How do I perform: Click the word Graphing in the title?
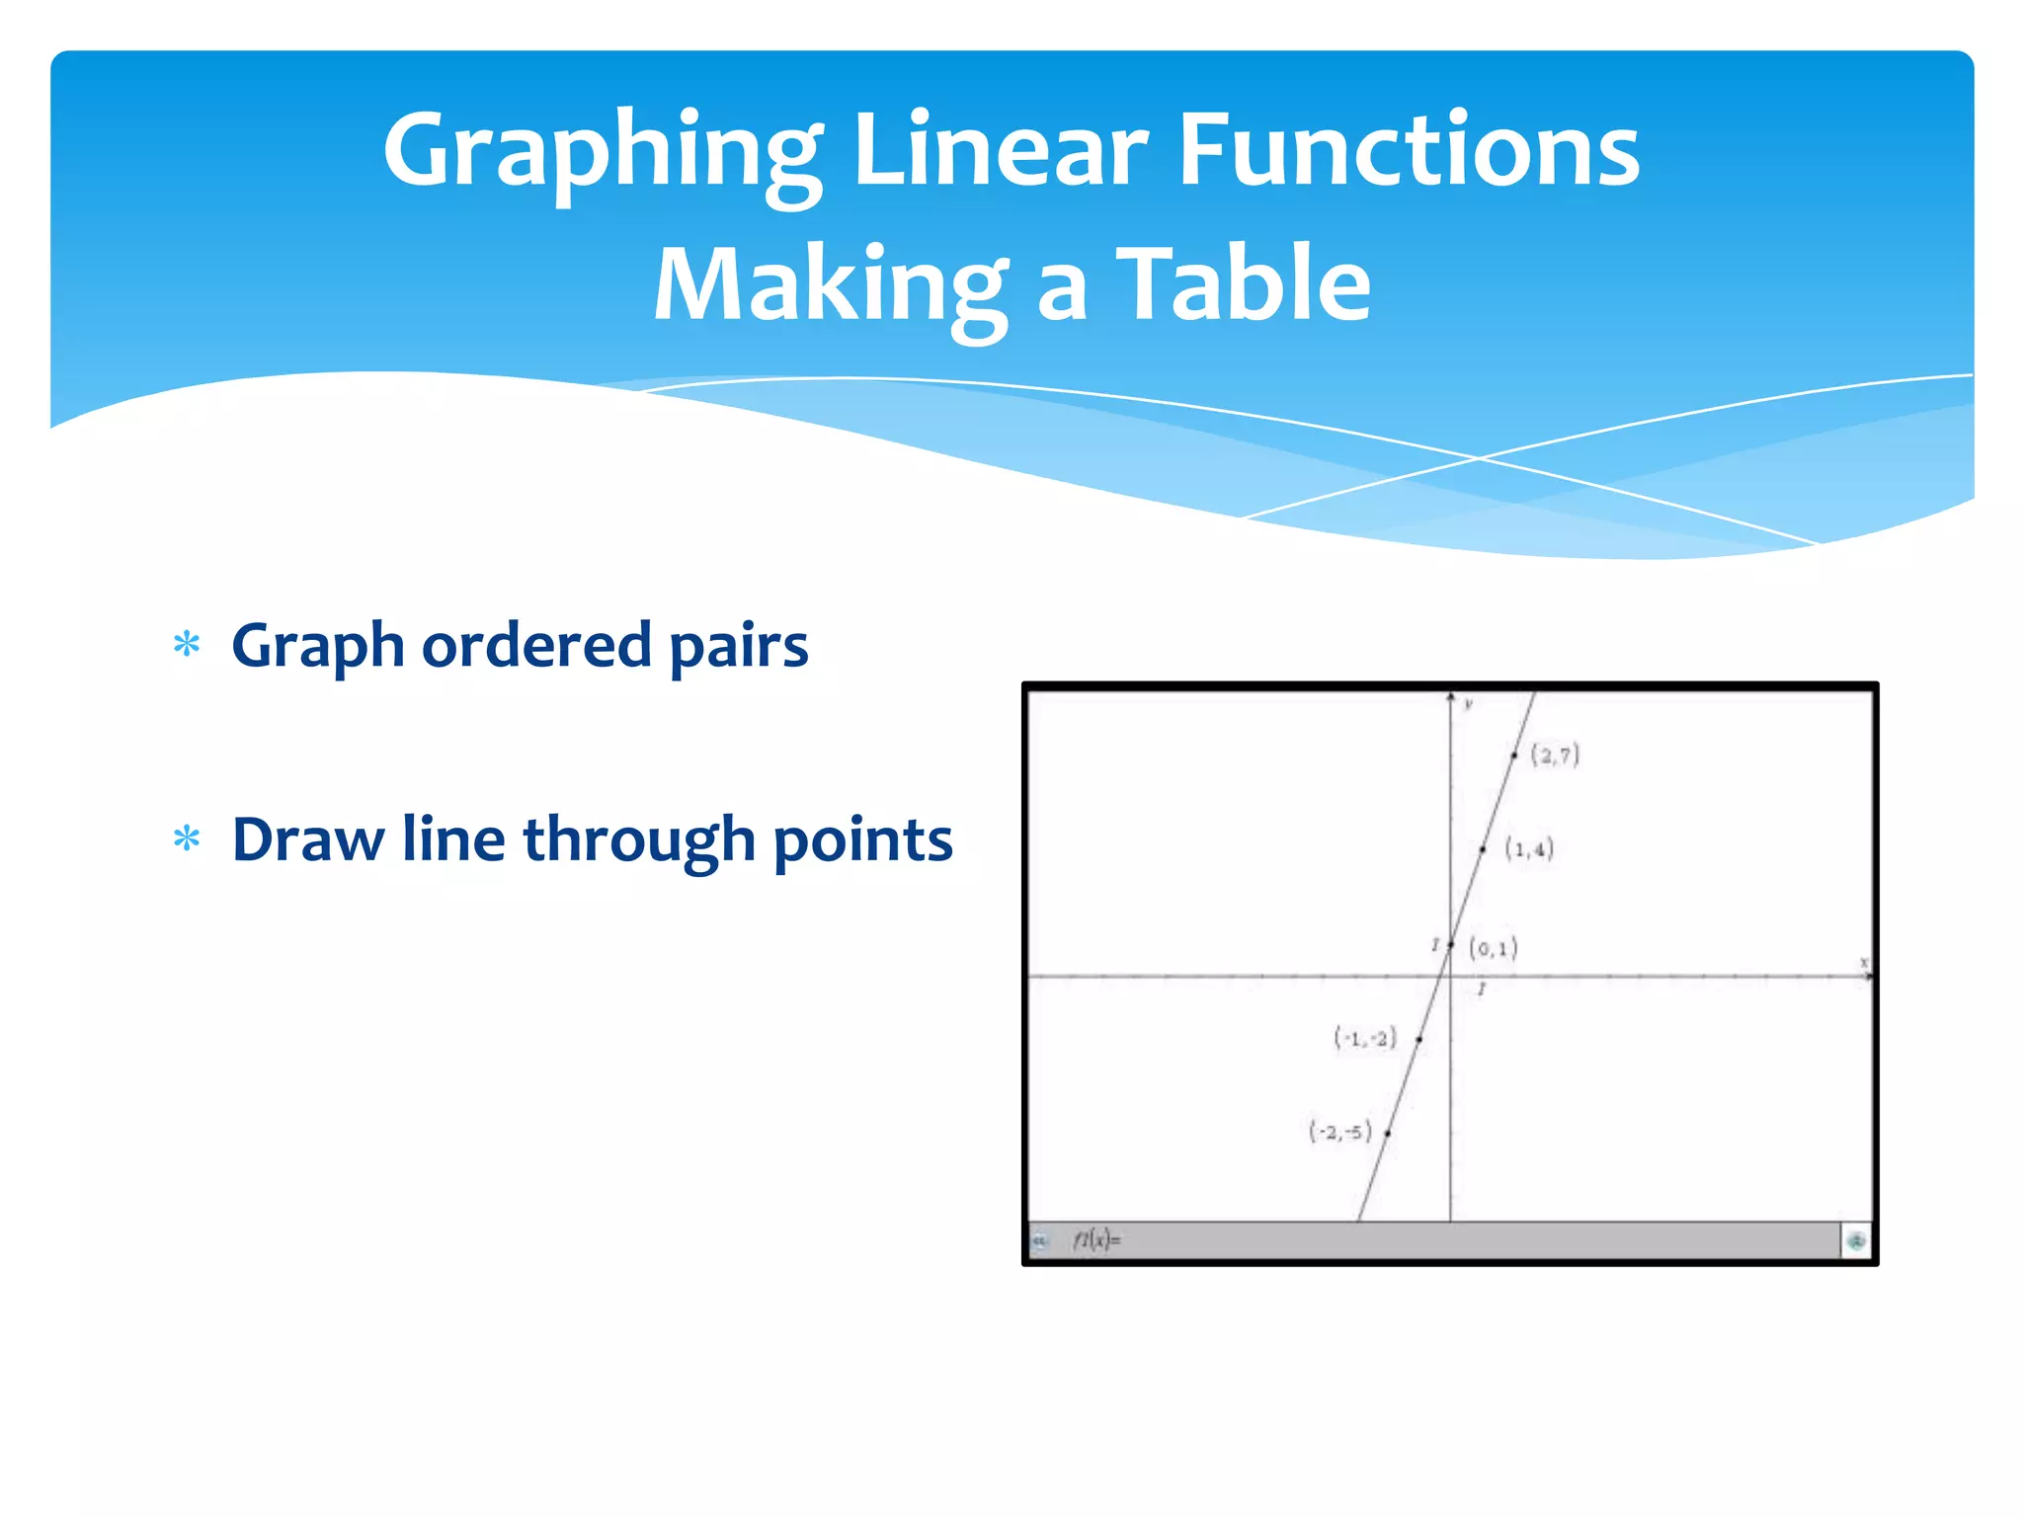(602, 151)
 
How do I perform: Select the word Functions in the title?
(1409, 151)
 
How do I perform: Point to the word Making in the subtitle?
(831, 286)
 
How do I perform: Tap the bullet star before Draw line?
(187, 840)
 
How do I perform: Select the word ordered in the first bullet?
(536, 646)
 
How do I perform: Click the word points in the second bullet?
(862, 842)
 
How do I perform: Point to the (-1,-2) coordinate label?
(1365, 1038)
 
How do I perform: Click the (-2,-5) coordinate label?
(1340, 1132)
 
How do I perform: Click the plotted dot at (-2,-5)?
(1388, 1134)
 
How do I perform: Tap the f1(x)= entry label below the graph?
(1096, 1239)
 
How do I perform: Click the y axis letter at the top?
(1468, 704)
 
